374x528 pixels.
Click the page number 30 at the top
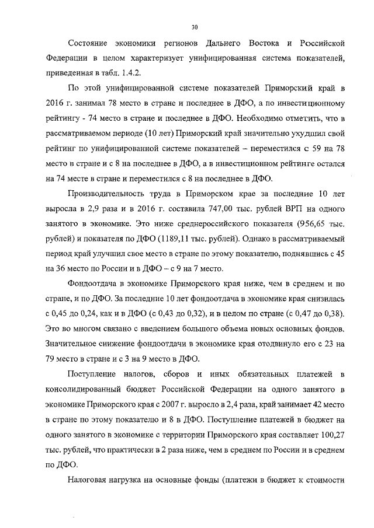(195, 26)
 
